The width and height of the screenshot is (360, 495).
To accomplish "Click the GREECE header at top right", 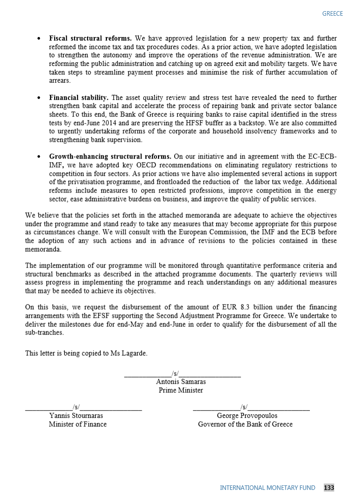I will [332, 14].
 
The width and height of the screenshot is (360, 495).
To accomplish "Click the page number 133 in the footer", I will [329, 487].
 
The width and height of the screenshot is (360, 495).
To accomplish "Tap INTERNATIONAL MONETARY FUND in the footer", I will [267, 487].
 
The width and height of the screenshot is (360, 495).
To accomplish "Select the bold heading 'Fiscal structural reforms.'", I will [90, 39].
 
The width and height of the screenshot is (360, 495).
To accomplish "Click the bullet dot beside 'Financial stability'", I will [39, 97].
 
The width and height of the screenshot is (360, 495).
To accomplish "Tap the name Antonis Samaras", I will [181, 382].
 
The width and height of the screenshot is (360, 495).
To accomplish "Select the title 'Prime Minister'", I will [181, 390].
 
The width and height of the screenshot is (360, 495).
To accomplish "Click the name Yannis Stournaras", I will [76, 415].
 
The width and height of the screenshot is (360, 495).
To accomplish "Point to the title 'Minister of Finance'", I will [77, 424].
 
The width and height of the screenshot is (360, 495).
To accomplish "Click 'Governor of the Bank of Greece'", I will [245, 424].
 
